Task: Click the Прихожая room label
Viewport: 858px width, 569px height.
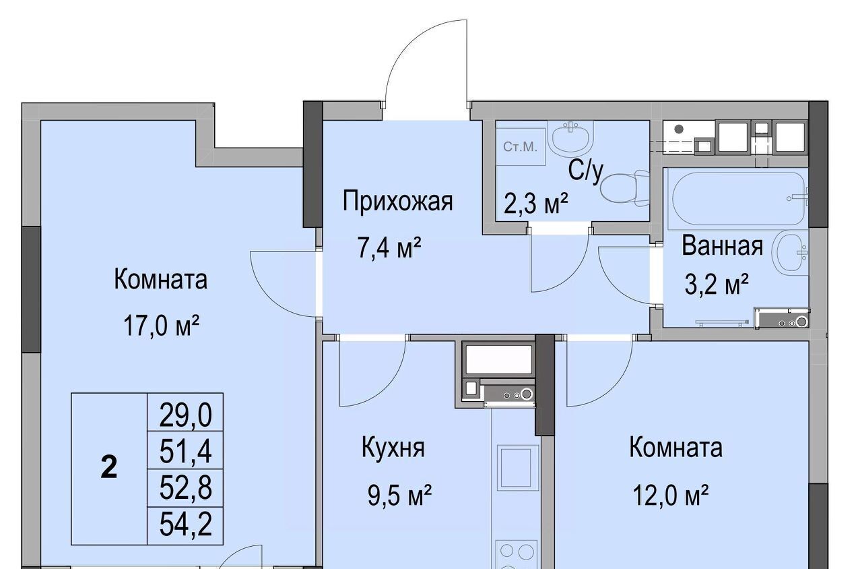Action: coord(397,202)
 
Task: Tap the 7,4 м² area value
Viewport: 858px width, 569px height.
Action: coord(389,247)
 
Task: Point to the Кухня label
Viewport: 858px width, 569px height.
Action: coord(393,448)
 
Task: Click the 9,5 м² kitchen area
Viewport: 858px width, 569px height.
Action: coord(399,495)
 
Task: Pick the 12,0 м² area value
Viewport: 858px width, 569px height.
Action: coord(670,495)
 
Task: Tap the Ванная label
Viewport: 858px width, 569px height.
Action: coord(722,246)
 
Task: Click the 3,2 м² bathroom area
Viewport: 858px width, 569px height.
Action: coord(717,284)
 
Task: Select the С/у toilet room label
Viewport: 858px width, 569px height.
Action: coord(586,171)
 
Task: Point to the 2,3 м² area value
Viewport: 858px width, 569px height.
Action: coord(536,203)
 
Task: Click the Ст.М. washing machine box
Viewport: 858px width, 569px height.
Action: coord(521,146)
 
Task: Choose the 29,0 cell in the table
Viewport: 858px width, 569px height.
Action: coord(185,415)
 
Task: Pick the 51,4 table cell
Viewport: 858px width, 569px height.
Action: coord(185,451)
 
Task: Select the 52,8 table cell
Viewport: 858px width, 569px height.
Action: coord(185,488)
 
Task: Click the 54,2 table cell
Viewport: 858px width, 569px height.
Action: coord(185,525)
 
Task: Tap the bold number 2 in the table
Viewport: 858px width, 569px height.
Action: coord(109,469)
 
